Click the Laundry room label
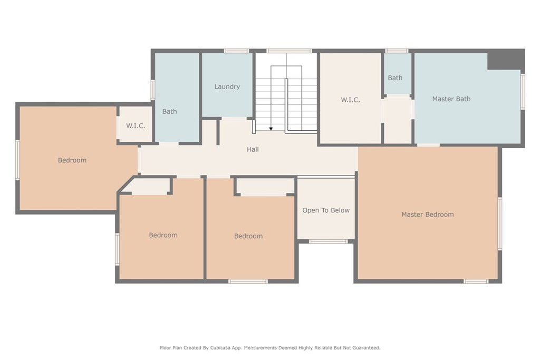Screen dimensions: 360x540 [227, 87]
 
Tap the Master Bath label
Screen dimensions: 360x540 [451, 99]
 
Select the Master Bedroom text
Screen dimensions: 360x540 [427, 215]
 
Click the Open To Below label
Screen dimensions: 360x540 [326, 210]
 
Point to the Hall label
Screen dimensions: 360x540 [253, 150]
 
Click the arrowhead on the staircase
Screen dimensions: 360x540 [271, 128]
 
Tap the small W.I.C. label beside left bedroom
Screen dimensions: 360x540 [136, 126]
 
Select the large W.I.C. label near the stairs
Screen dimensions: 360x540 [350, 100]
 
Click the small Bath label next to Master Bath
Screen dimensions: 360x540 [395, 78]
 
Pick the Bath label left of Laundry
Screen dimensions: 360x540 [169, 112]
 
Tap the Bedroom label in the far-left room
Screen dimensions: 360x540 [72, 160]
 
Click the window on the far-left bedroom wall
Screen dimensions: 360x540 [17, 160]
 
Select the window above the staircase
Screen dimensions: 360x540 [288, 51]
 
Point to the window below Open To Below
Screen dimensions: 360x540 [328, 241]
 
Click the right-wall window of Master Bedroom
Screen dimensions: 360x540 [499, 223]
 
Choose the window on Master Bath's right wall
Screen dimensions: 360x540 [523, 91]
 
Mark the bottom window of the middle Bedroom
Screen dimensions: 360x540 [248, 281]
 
